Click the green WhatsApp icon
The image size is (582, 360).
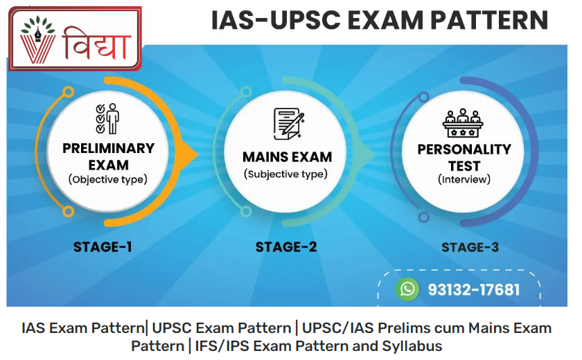(407, 289)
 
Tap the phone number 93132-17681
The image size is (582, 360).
(474, 289)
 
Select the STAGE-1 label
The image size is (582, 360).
(103, 247)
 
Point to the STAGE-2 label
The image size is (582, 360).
(286, 247)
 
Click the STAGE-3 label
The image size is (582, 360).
(470, 247)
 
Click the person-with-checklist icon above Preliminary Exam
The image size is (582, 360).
(107, 118)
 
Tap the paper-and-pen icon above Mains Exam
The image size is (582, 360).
(289, 124)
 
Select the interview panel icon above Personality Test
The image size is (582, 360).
(463, 123)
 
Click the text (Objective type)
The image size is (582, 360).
(107, 179)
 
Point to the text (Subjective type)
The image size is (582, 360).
(285, 174)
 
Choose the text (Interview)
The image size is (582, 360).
(464, 179)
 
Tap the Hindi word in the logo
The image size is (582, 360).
(97, 44)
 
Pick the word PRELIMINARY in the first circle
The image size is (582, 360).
(108, 148)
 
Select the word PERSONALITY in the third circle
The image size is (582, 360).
(464, 150)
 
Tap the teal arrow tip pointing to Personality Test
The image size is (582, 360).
(375, 154)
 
